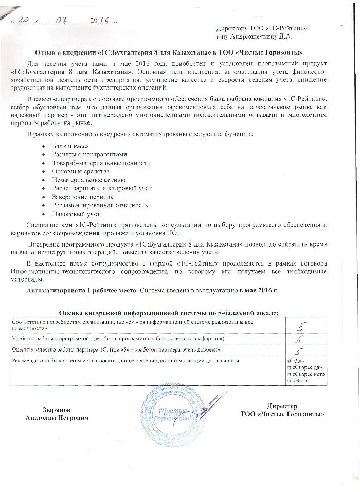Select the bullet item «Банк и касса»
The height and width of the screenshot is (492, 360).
(67, 147)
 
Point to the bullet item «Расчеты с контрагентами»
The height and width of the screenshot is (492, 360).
(89, 155)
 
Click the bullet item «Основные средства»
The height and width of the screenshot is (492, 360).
(81, 171)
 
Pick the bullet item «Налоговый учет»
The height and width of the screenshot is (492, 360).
(76, 214)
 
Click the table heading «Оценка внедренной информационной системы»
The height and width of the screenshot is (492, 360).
(169, 313)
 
